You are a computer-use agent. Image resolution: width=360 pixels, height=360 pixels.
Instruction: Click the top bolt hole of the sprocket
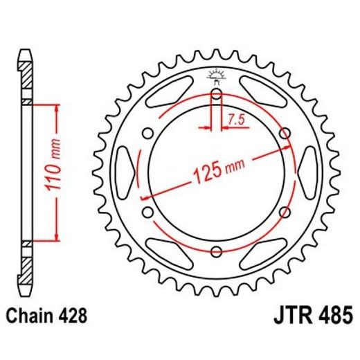coord(217,94)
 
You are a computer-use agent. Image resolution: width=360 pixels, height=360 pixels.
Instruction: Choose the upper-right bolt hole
coord(285,133)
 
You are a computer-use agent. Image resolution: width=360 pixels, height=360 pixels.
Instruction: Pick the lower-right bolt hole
coord(285,212)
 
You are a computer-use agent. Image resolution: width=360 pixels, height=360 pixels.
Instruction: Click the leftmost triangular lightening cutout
coord(125,172)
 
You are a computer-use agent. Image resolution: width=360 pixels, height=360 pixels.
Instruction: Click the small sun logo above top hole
coord(217,75)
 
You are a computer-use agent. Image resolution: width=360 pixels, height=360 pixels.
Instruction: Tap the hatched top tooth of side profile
coord(26,69)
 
